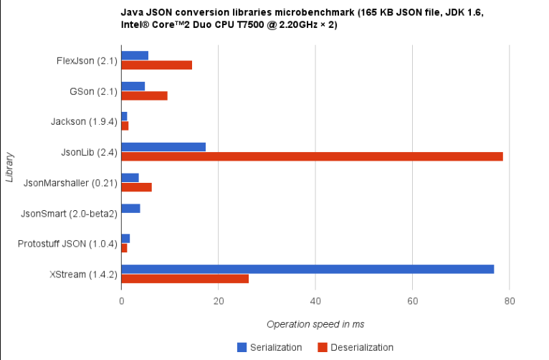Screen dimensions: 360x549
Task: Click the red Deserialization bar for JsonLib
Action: pyautogui.click(x=312, y=156)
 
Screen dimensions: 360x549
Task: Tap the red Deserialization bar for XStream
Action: pyautogui.click(x=185, y=278)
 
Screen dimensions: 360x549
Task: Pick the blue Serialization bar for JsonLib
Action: pyautogui.click(x=163, y=147)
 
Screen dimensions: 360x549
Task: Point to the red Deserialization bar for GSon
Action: pyautogui.click(x=144, y=95)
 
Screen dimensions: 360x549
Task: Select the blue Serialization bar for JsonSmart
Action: pyautogui.click(x=130, y=208)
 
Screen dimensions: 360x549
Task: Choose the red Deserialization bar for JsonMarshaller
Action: pyautogui.click(x=136, y=187)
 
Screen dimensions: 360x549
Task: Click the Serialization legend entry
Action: pyautogui.click(x=269, y=347)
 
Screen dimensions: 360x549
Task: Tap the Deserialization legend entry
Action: pyautogui.click(x=355, y=347)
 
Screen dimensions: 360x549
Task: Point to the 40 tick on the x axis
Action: pyautogui.click(x=315, y=302)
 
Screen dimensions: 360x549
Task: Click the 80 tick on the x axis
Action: pyautogui.click(x=509, y=302)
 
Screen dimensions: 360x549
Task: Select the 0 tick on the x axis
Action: pyautogui.click(x=122, y=302)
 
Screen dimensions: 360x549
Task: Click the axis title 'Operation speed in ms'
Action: pyautogui.click(x=315, y=324)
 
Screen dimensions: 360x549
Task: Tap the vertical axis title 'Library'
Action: pyautogui.click(x=10, y=166)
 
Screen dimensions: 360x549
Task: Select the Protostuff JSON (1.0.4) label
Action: pyautogui.click(x=68, y=244)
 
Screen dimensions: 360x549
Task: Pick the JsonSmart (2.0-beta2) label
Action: pyautogui.click(x=69, y=213)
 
